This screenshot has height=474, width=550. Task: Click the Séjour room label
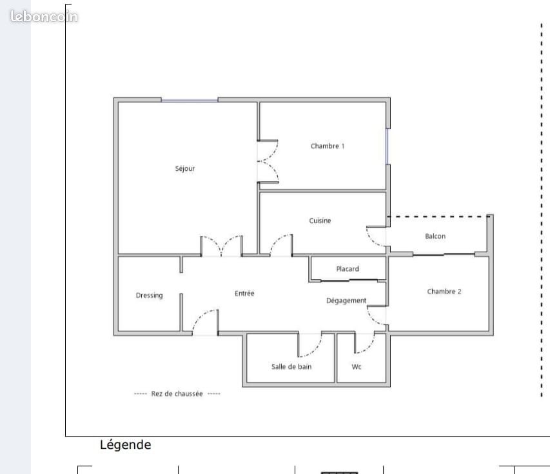(185, 169)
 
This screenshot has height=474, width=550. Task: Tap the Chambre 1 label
(328, 146)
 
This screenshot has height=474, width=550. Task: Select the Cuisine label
(320, 221)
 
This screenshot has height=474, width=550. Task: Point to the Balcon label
(435, 236)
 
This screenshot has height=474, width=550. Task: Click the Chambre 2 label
(444, 291)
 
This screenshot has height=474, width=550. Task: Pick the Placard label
(348, 269)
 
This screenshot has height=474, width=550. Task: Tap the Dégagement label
(346, 301)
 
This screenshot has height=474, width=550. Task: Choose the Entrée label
(244, 293)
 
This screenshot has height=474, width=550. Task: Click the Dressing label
(150, 295)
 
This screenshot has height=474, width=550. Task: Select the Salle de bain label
(291, 367)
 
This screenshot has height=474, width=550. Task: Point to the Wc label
(357, 367)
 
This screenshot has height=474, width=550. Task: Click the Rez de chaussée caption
(177, 393)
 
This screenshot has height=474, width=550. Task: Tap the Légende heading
(126, 444)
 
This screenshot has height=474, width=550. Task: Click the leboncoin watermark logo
(44, 17)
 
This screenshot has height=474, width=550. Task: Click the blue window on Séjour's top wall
(190, 101)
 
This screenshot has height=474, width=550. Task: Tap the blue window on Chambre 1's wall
(388, 146)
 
